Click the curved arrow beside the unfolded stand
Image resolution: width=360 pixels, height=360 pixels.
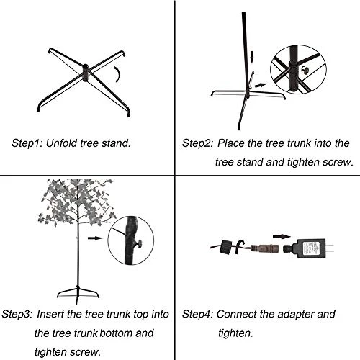(x=117, y=74)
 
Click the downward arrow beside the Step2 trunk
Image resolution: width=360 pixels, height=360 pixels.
(x=251, y=57)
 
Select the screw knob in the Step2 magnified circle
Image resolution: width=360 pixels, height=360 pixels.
(x=305, y=70)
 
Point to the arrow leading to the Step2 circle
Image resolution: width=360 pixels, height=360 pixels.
(x=261, y=85)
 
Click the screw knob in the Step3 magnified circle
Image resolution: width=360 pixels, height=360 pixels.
(x=138, y=244)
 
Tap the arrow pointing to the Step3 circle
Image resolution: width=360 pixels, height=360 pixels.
(x=95, y=238)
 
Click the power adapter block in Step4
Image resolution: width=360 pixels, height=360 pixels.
(x=311, y=248)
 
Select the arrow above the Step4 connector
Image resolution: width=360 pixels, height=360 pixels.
(x=282, y=237)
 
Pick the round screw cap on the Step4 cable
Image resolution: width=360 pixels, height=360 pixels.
(x=225, y=247)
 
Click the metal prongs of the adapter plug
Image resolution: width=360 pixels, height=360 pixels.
(x=330, y=248)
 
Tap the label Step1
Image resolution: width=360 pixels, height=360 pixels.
(x=27, y=143)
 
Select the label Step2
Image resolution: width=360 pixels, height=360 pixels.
(x=197, y=143)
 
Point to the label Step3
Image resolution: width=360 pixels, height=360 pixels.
(x=17, y=315)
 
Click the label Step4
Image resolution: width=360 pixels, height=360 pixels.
(x=197, y=315)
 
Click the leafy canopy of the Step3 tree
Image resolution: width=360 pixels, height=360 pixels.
(x=76, y=202)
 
